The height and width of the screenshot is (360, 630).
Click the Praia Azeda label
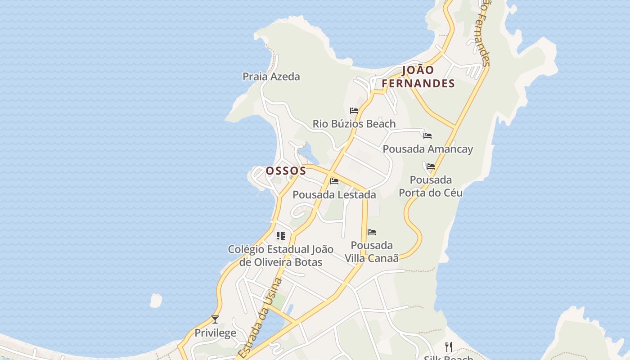tap(271, 76)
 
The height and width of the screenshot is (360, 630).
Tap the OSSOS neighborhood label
tap(286, 171)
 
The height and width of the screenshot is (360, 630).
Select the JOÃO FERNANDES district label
tap(418, 76)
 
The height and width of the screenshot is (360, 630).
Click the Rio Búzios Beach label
tap(354, 124)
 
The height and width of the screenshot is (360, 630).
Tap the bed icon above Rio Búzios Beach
tap(354, 110)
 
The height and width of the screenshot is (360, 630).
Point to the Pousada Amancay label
tap(427, 149)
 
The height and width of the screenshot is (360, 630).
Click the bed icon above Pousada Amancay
tap(427, 135)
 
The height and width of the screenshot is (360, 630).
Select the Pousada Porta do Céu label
tap(431, 186)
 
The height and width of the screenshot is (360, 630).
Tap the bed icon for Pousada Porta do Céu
tap(431, 166)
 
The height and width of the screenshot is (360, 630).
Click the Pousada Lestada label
tap(334, 195)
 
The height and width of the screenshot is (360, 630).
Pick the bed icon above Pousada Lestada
tap(334, 181)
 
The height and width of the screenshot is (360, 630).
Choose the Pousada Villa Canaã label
tap(372, 252)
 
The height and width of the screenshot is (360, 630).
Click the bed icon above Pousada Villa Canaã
tap(372, 232)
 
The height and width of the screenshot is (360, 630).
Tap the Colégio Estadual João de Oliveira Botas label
tap(281, 256)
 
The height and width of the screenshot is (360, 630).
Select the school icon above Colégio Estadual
tap(281, 235)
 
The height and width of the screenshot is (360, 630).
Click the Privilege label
tap(215, 333)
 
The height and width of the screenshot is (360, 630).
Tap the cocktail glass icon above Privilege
tap(215, 319)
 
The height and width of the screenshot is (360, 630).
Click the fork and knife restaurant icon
tap(449, 347)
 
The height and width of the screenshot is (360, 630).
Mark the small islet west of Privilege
tap(156, 300)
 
